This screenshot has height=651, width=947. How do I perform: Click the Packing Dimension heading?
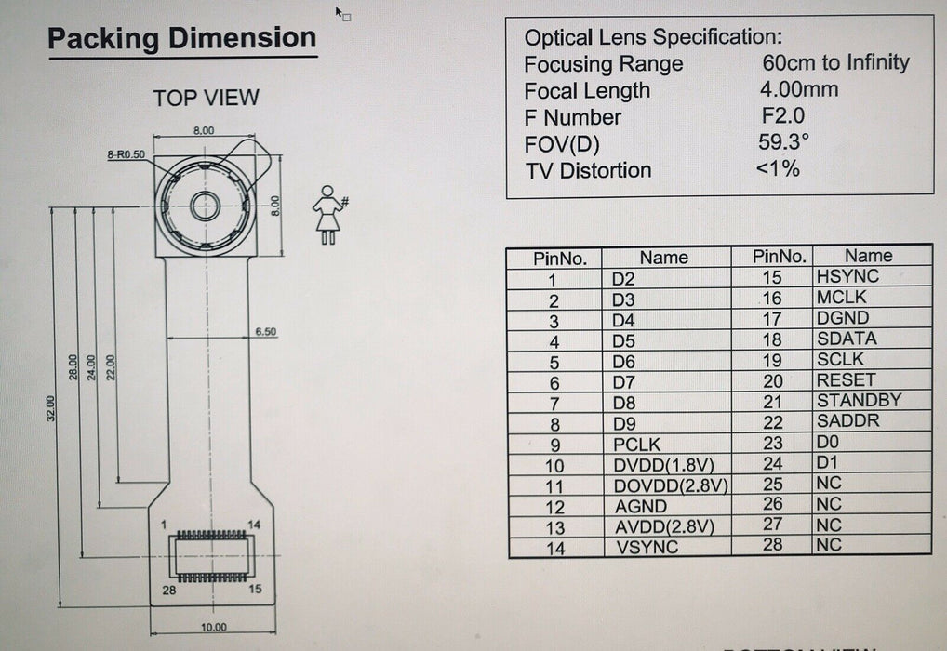click(x=181, y=38)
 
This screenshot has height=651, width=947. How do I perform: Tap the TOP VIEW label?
click(x=206, y=98)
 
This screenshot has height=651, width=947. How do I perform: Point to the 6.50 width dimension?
click(x=265, y=331)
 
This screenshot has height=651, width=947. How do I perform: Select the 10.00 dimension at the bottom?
click(x=213, y=628)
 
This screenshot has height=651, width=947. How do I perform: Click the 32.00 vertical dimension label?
click(x=51, y=408)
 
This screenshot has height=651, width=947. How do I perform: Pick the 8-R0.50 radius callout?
click(x=127, y=154)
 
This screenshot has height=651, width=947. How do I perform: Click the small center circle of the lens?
click(x=206, y=206)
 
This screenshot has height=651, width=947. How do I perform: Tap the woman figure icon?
click(x=328, y=215)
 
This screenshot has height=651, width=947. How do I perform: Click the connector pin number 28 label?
click(x=168, y=590)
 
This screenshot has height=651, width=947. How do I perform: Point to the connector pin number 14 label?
click(x=254, y=525)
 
